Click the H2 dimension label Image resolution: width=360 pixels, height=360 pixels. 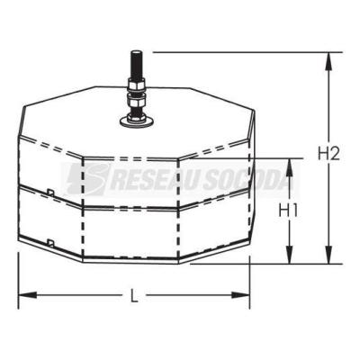coord(328,154)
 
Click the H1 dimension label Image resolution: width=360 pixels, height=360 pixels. coord(288,211)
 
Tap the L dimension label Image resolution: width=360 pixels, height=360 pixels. coord(135,295)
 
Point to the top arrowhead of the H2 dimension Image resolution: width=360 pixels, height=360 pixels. coord(329,62)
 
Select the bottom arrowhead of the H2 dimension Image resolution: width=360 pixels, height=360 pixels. coord(329,255)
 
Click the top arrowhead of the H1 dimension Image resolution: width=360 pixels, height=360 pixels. coord(289,167)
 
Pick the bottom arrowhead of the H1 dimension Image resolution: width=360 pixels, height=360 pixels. coord(289,255)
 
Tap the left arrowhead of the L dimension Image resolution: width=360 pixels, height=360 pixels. coord(28,295)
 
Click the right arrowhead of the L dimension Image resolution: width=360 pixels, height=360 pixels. coord(240,295)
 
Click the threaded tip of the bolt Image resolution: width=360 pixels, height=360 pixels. coord(137,65)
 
